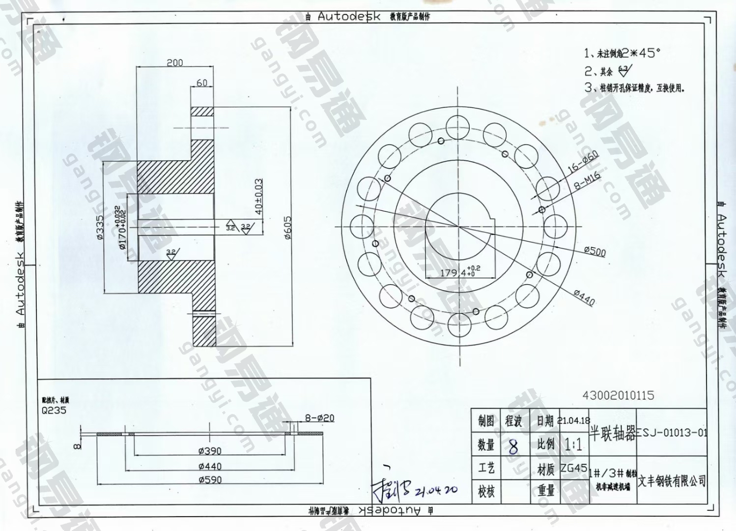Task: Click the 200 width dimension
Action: coord(175,62)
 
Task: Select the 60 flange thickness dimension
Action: coord(202,83)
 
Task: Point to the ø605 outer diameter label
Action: coord(288,227)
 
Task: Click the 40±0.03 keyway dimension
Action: coord(259,196)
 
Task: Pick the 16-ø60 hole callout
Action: coord(583,161)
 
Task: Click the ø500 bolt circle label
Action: coord(594,251)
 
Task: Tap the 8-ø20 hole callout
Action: coord(319,418)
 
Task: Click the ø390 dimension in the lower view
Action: coord(210,451)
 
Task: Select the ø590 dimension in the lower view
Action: coord(210,479)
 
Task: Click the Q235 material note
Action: coord(54,411)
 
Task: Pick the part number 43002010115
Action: coord(618,395)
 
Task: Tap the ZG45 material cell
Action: coord(573,468)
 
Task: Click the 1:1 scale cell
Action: coord(573,445)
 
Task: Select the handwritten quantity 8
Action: coord(513,447)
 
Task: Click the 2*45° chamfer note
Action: coord(629,53)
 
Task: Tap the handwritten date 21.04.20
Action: coord(436,490)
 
